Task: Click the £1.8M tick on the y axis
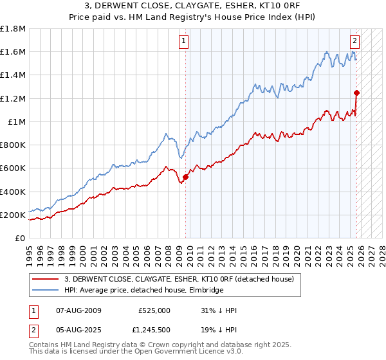(x=13, y=29)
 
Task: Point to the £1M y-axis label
(x=15, y=122)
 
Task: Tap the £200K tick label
(x=13, y=215)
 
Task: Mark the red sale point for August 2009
(x=185, y=177)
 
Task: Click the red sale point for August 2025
(x=356, y=93)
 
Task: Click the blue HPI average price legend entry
(x=143, y=291)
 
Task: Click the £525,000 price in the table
(x=154, y=310)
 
